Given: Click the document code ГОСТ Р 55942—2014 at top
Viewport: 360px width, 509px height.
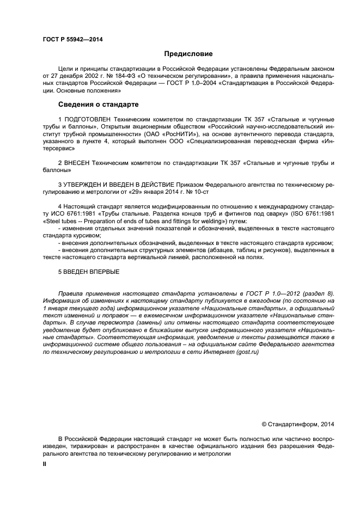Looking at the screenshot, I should click(x=72, y=39).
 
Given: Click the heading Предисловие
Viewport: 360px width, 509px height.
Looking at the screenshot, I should click(x=188, y=54).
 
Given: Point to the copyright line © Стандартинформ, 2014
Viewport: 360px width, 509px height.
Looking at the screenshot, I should click(x=298, y=424).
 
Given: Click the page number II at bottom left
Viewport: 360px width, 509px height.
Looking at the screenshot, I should click(x=45, y=466).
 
